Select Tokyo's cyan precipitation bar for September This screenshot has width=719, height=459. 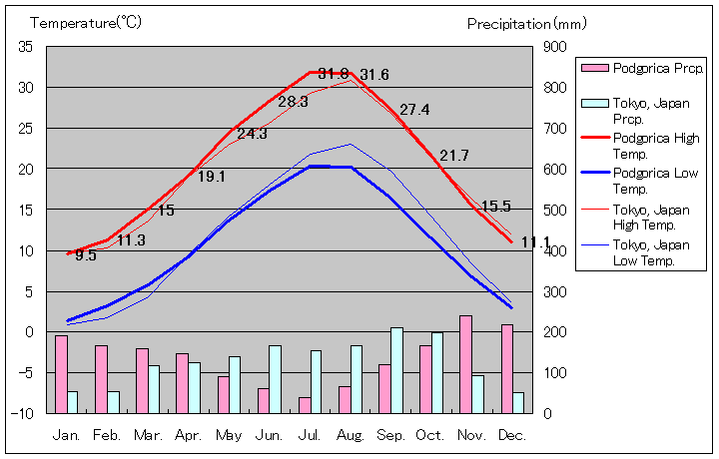point(396,369)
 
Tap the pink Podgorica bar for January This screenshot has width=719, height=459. point(61,373)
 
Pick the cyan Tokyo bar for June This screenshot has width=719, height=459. point(275,378)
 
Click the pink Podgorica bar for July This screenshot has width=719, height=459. point(305,404)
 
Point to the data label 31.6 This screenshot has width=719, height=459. point(374,75)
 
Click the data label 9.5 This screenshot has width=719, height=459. point(86,255)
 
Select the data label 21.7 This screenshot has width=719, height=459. point(454,156)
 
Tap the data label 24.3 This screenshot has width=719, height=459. point(252,134)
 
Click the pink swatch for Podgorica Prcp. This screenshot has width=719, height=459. point(594,68)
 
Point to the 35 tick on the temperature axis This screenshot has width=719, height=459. point(26,47)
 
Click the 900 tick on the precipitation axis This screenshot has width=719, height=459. point(555,47)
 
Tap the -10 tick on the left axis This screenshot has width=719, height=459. point(23,413)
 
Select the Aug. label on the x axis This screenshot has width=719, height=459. point(350,436)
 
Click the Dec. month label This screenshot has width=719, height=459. point(511,436)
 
